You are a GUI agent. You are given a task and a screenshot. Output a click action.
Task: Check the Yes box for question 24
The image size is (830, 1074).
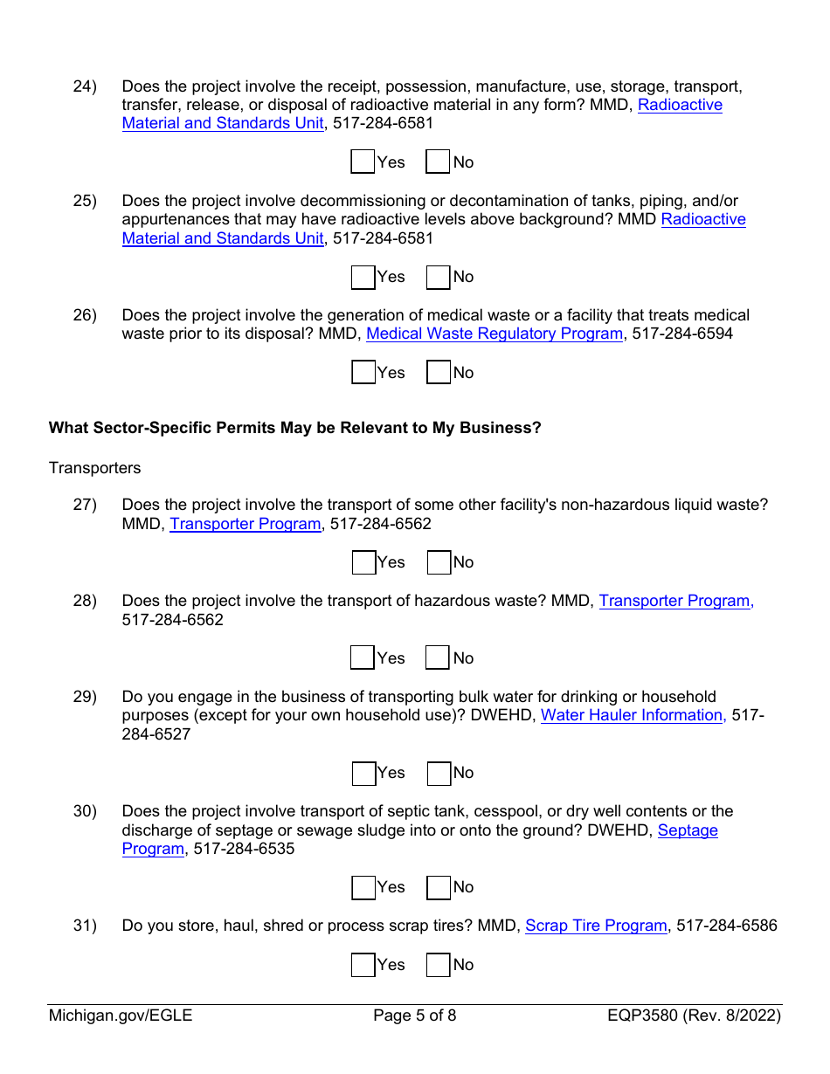(363, 162)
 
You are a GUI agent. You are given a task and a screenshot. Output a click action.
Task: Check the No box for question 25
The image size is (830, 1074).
(439, 277)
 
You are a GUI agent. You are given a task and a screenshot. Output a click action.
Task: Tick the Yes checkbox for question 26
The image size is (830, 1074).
(363, 373)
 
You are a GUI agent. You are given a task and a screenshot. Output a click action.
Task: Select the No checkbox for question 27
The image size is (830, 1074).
(439, 562)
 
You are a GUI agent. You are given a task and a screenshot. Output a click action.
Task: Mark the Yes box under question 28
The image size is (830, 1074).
(363, 658)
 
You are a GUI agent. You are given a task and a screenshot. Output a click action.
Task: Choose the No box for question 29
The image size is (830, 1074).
(439, 773)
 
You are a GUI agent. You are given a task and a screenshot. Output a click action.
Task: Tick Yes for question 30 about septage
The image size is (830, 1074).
(363, 887)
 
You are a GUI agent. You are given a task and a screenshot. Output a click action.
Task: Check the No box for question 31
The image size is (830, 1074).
(439, 965)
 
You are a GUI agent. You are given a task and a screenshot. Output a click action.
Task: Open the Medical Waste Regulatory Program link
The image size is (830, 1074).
(495, 334)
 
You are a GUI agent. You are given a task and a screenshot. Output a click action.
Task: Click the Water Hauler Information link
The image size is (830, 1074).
(633, 715)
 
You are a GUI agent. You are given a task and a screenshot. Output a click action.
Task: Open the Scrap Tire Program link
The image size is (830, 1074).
(596, 926)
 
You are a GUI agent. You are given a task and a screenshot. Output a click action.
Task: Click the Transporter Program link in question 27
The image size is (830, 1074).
(245, 524)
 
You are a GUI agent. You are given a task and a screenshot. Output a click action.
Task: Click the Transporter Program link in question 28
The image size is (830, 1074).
(674, 601)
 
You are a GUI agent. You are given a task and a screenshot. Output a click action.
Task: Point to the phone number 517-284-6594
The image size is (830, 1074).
(682, 334)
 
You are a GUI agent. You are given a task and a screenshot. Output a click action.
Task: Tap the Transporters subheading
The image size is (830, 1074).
(94, 468)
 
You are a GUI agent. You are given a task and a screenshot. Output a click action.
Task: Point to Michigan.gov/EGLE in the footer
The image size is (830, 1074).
(121, 1015)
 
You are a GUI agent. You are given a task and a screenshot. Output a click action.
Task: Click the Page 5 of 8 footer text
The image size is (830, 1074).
(415, 1015)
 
